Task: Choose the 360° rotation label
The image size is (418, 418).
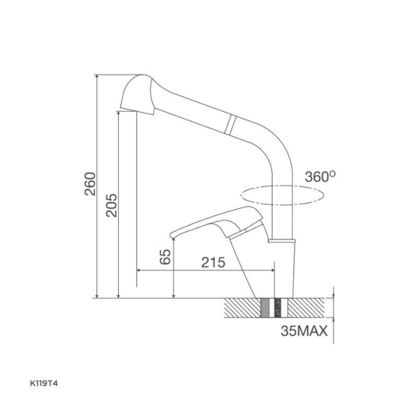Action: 320,177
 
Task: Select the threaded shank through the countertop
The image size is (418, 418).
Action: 272,307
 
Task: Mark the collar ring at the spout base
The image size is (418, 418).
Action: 284,240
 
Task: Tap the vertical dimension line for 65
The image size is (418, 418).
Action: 175,270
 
